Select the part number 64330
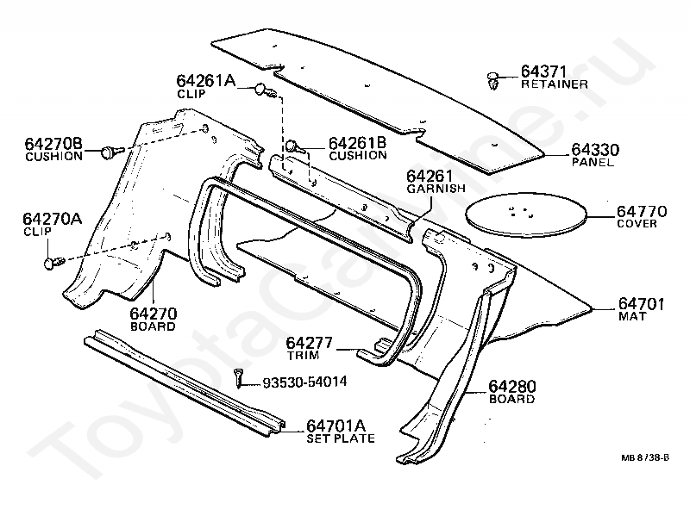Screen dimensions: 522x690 594,149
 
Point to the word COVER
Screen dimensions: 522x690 637,223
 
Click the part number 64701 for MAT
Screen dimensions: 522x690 642,303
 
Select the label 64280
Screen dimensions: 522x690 511,387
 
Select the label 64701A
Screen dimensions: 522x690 337,425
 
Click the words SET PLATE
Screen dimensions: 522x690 341,438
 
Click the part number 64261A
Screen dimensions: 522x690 206,81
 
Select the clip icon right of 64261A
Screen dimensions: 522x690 266,90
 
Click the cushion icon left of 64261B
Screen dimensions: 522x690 293,146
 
